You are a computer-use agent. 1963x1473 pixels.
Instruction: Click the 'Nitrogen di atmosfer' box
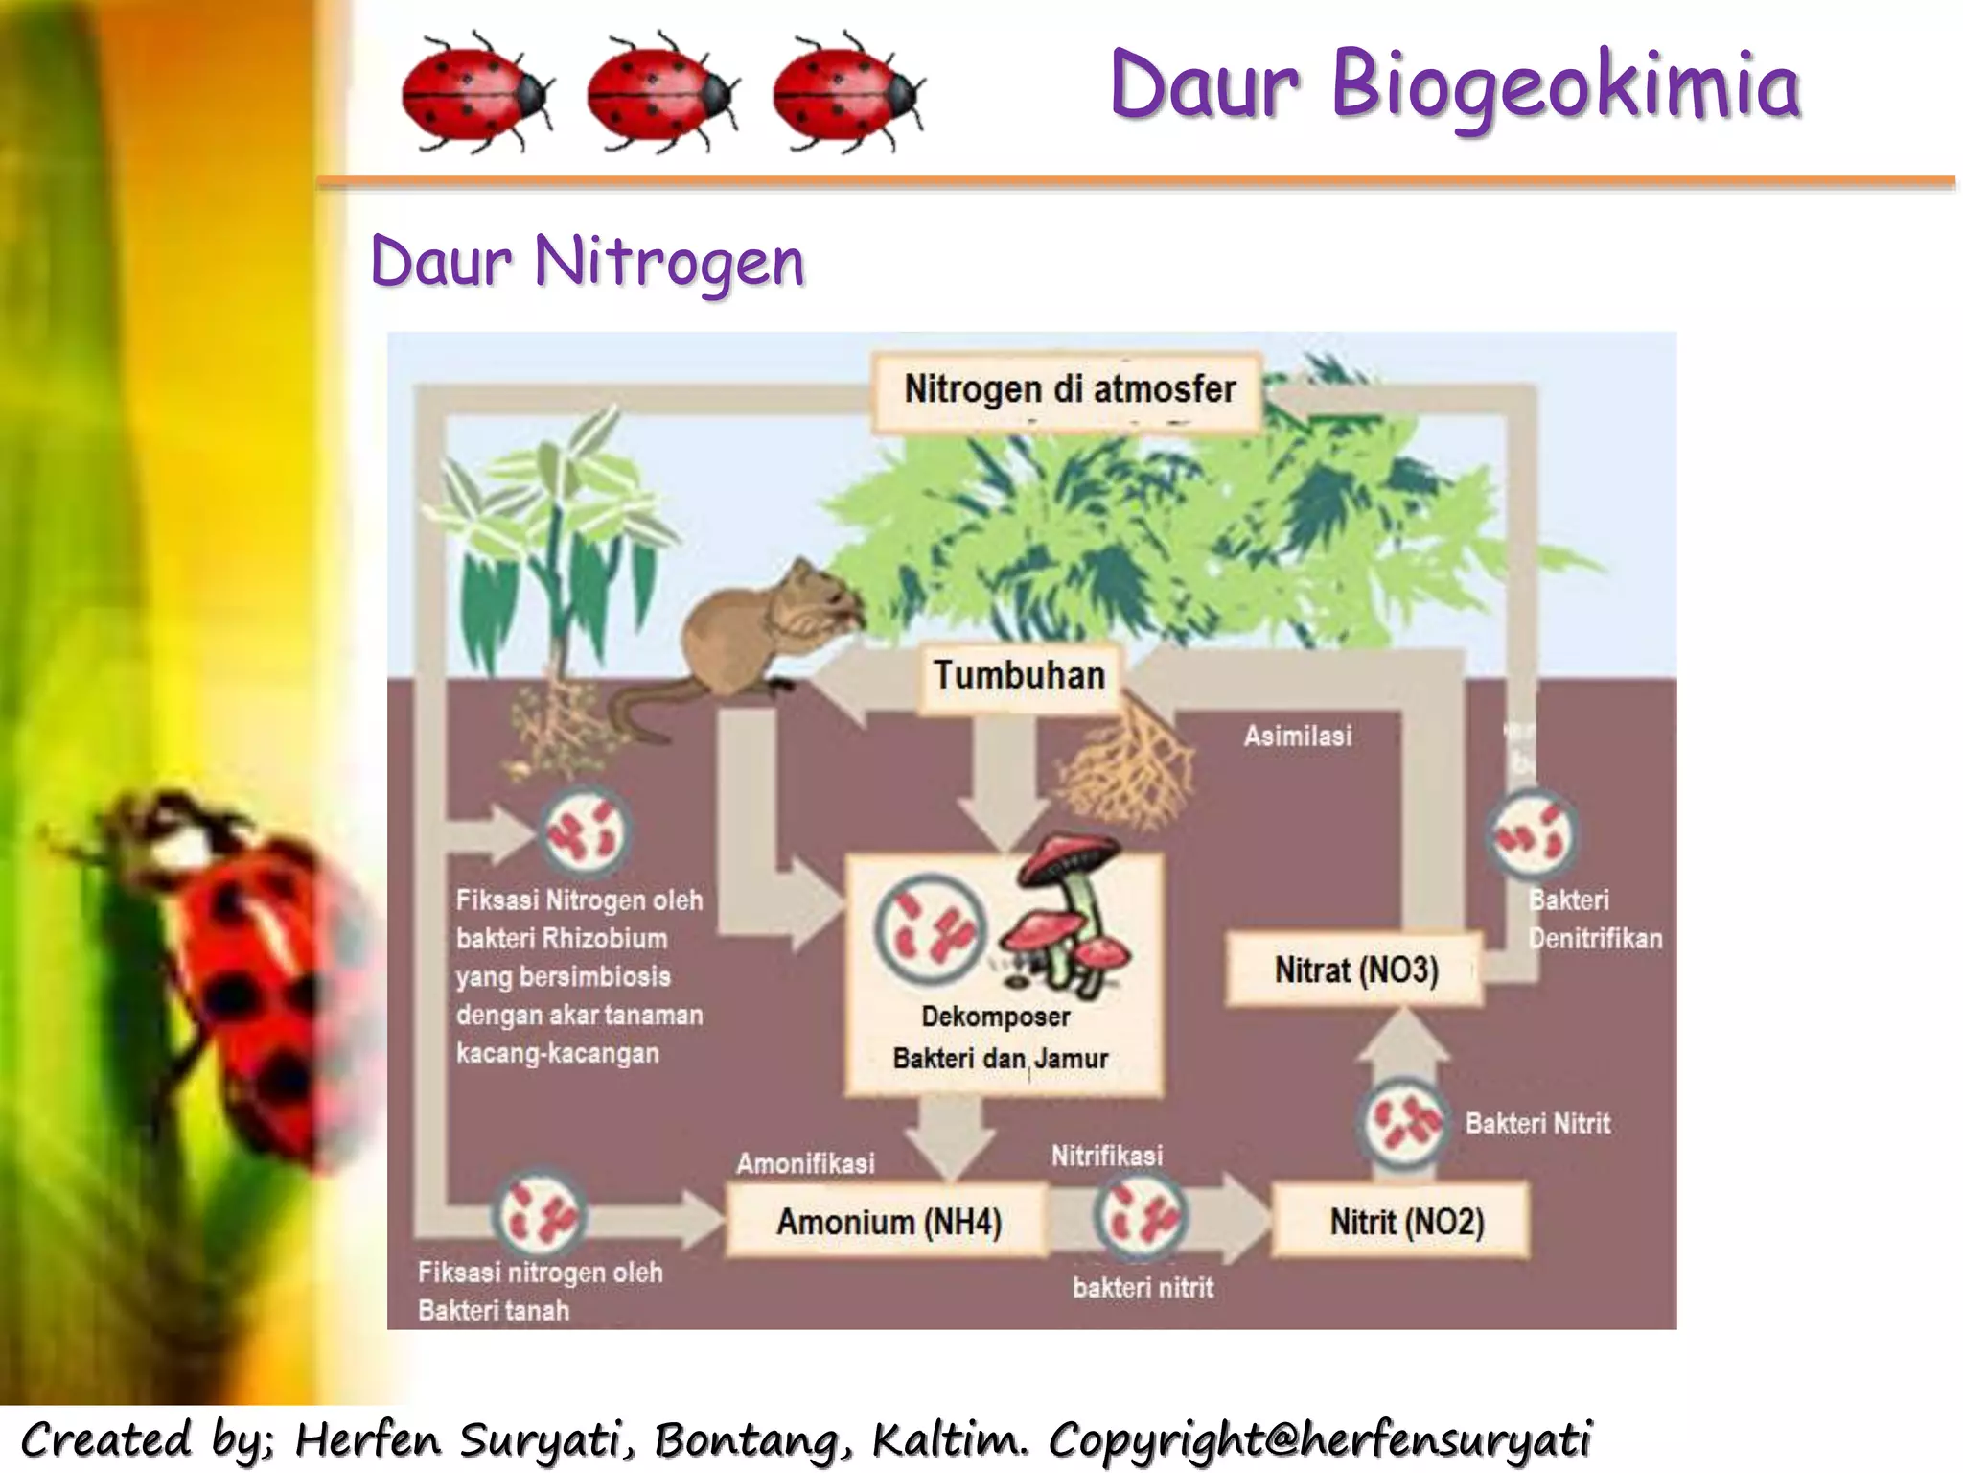coord(1068,390)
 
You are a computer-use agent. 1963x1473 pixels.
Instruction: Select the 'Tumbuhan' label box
coord(1019,675)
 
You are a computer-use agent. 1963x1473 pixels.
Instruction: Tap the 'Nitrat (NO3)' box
coord(1355,970)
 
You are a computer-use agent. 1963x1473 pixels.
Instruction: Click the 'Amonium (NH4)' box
coord(888,1222)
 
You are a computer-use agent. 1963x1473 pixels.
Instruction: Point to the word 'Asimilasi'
coord(1298,736)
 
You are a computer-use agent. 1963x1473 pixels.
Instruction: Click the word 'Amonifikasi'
coord(805,1163)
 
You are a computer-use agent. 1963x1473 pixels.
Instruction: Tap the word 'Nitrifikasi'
coord(1107,1156)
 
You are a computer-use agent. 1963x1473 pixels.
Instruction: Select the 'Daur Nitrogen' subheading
coord(588,261)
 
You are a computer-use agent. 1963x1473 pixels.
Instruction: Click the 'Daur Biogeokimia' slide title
coord(1455,86)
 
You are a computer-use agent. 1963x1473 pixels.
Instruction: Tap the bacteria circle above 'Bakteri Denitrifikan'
coord(1532,834)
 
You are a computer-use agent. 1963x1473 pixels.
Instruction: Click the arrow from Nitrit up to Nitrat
coord(1402,1050)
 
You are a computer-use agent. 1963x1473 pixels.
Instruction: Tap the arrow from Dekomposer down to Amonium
coord(949,1136)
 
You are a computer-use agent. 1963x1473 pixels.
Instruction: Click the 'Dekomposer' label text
coord(995,1017)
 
